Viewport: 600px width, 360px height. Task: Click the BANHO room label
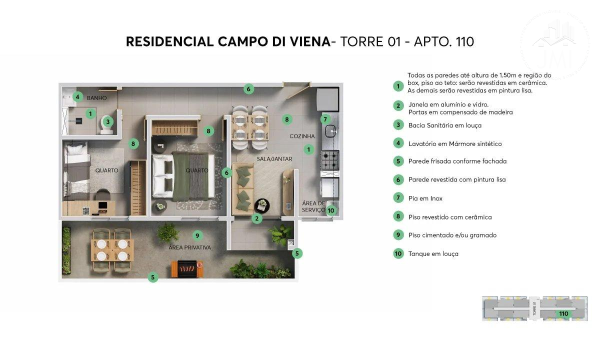pos(96,98)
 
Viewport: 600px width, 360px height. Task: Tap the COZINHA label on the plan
pos(302,136)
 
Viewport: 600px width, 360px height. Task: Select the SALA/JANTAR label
pos(274,159)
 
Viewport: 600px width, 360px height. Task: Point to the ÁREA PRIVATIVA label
pos(189,247)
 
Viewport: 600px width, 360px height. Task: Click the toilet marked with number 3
pos(107,125)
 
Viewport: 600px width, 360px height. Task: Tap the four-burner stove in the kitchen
pos(330,160)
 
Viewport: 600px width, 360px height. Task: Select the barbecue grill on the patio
pos(187,268)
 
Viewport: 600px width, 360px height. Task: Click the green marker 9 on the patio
pos(197,235)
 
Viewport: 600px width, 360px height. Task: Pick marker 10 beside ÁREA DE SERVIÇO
pos(331,210)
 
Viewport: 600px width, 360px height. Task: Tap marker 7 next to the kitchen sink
pos(325,119)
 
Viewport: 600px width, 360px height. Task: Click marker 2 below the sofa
pos(256,218)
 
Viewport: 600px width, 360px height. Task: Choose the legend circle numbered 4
pos(398,143)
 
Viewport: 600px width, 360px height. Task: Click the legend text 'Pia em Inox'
pos(425,198)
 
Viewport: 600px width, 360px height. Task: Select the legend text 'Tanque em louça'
pos(433,253)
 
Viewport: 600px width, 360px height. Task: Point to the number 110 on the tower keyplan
pos(563,313)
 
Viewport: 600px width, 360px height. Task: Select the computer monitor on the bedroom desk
pos(103,205)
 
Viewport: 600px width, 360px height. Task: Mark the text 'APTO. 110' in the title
pos(444,42)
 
